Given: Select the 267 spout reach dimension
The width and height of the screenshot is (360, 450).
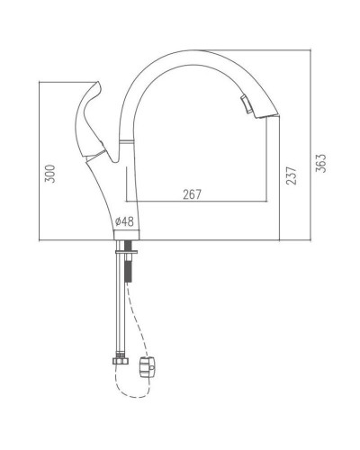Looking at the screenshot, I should [x=192, y=193].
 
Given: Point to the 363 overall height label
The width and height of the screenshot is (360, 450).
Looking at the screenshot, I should [x=321, y=163].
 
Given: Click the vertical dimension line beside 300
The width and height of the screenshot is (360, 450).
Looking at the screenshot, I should [x=41, y=162].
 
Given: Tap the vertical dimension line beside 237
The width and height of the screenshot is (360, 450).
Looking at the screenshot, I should [x=280, y=180].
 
